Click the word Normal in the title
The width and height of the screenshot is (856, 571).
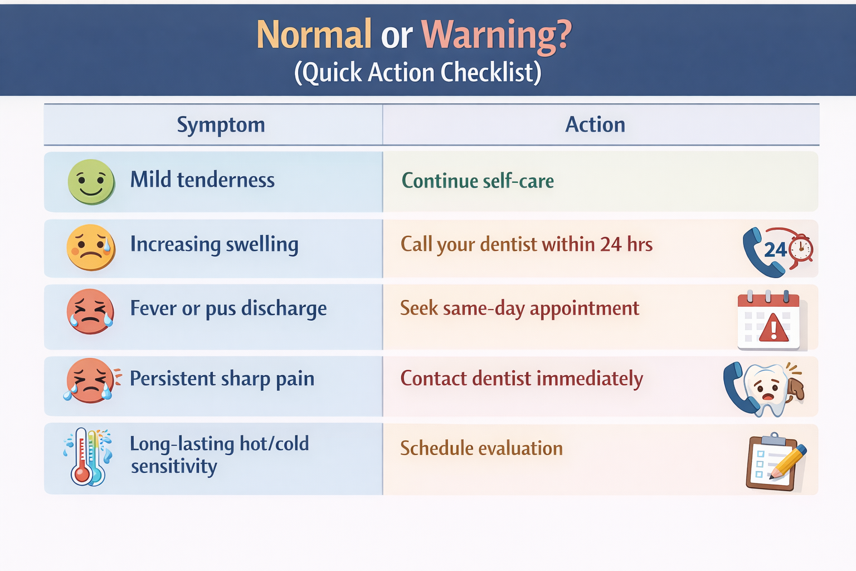pos(314,35)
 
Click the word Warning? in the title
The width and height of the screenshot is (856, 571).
pos(496,36)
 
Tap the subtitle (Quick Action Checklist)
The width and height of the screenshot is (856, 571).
pos(417,72)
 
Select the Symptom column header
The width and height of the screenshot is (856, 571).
pos(221,125)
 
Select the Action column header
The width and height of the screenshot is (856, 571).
pos(595,125)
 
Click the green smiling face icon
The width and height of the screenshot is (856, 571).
pos(91,182)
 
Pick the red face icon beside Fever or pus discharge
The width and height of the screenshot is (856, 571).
pos(90,311)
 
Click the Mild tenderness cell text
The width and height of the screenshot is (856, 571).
pos(202,180)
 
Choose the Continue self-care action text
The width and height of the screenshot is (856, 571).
pos(478,181)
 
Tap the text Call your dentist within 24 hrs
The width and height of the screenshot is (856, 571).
pos(527,244)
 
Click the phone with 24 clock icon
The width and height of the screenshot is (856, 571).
pos(776,251)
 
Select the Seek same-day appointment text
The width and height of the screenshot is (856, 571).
pos(519,308)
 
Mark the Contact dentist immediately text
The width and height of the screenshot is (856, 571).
pos(522,379)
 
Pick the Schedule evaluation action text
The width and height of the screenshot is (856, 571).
pos(481,448)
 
